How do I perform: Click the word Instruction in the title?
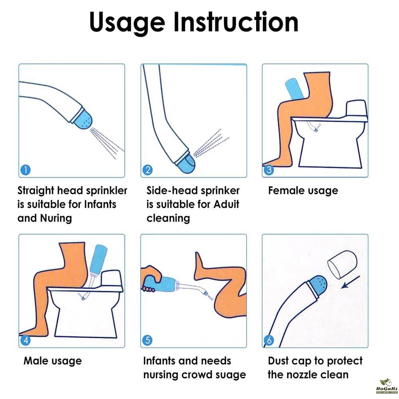pyautogui.click(x=236, y=22)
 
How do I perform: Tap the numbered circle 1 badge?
pyautogui.click(x=26, y=170)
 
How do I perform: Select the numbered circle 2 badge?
pyautogui.click(x=148, y=170)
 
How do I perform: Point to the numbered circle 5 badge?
pyautogui.click(x=148, y=340)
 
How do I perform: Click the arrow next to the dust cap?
pyautogui.click(x=350, y=282)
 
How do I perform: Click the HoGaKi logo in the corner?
pyautogui.click(x=386, y=386)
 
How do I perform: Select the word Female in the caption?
pyautogui.click(x=285, y=190)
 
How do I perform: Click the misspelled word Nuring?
pyautogui.click(x=56, y=219)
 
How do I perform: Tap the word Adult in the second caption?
pyautogui.click(x=227, y=204)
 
